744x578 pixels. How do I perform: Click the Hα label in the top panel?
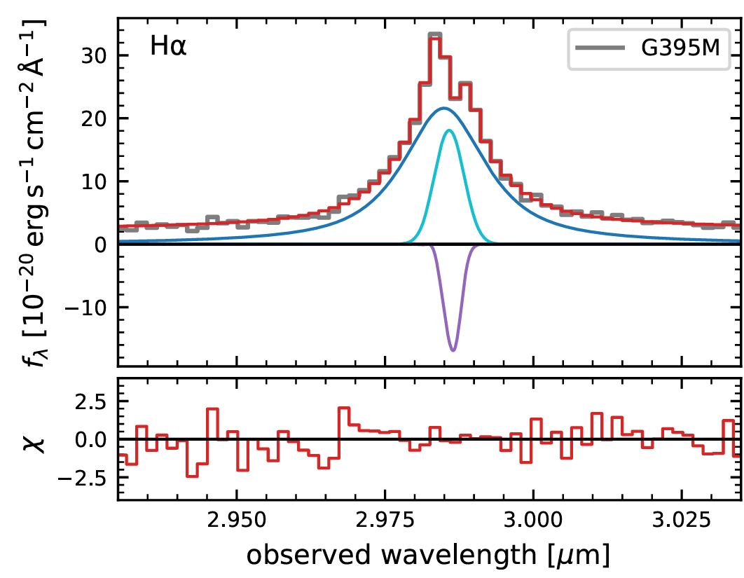(x=168, y=49)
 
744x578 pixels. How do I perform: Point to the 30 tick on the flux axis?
(x=95, y=56)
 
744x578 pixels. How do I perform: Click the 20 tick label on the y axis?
(x=95, y=119)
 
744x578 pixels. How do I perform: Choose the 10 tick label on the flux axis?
(x=95, y=181)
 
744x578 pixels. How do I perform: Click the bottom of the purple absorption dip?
(x=453, y=350)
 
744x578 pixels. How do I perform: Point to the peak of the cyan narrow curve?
(x=448, y=130)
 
